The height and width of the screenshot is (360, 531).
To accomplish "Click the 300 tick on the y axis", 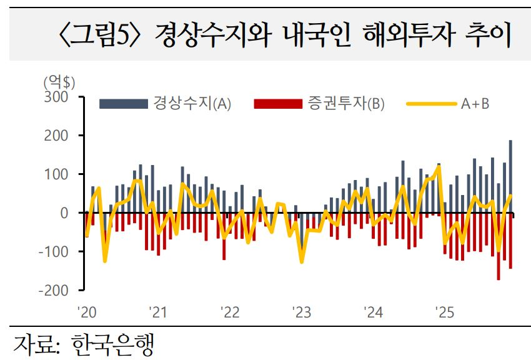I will tap(56, 97).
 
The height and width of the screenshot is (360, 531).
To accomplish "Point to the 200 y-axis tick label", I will tap(56, 136).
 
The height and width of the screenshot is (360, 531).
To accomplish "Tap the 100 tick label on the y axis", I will tap(56, 174).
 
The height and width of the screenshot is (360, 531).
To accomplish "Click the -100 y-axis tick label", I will tap(54, 252).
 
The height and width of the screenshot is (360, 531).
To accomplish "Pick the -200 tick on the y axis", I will tap(54, 291).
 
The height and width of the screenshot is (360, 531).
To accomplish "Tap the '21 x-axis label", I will tap(157, 311).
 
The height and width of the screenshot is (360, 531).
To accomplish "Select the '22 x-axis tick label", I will tap(229, 311).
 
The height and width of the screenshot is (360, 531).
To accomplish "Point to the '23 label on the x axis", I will tap(301, 311).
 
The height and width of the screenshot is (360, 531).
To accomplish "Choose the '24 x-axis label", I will tap(373, 311).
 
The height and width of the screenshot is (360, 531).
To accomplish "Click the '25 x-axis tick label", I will tap(445, 311).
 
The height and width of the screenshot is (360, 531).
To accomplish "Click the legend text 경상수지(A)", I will tap(192, 104).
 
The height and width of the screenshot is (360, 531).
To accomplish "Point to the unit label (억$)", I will tap(59, 81).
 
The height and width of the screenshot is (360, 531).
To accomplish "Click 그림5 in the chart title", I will tap(102, 36).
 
